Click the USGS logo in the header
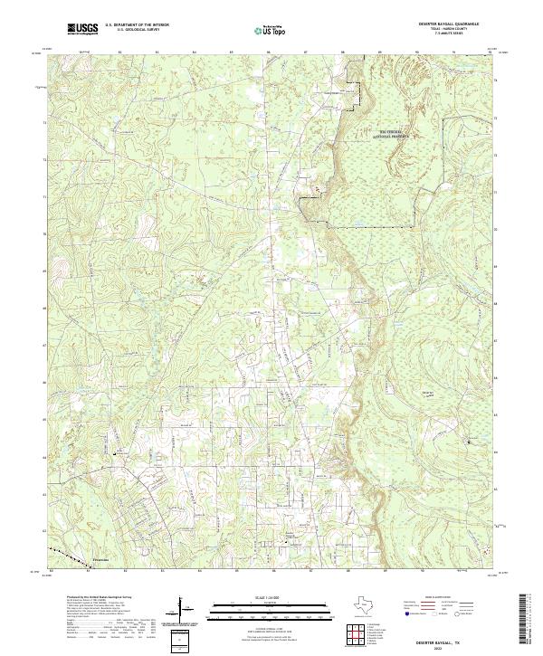[x=82, y=30]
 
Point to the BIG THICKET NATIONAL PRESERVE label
[x=388, y=133]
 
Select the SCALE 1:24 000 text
[x=269, y=596]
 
